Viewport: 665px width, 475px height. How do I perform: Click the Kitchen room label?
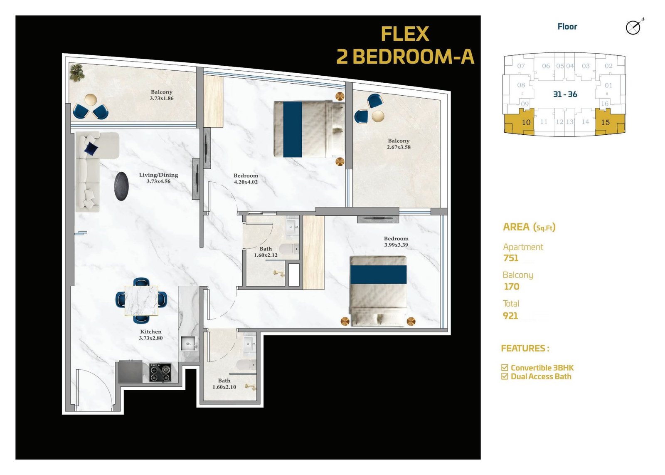(x=151, y=332)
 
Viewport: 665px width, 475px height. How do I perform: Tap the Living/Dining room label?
(x=158, y=175)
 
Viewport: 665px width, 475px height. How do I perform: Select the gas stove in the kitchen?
(x=160, y=373)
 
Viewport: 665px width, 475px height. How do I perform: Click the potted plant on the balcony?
(x=77, y=72)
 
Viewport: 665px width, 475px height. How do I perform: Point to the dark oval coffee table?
(x=121, y=186)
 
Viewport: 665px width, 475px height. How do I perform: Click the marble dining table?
(x=141, y=300)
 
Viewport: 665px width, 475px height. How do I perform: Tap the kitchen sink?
(x=189, y=344)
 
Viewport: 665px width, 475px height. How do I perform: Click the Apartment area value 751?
(x=511, y=258)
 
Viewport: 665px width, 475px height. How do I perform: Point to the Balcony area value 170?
(x=512, y=287)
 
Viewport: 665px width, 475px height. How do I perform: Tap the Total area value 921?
(x=510, y=315)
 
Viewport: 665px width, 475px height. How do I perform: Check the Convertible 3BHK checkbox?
(x=505, y=367)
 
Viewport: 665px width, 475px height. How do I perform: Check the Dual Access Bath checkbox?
(x=505, y=376)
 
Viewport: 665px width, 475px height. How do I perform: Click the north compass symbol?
(x=633, y=27)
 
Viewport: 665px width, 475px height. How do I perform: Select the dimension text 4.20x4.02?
(x=246, y=182)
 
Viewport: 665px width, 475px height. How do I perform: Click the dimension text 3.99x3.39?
(x=396, y=245)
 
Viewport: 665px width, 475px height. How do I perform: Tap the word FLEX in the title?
(x=405, y=34)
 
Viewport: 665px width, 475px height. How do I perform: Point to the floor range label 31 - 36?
(x=565, y=94)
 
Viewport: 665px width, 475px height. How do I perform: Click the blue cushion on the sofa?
(x=91, y=148)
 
